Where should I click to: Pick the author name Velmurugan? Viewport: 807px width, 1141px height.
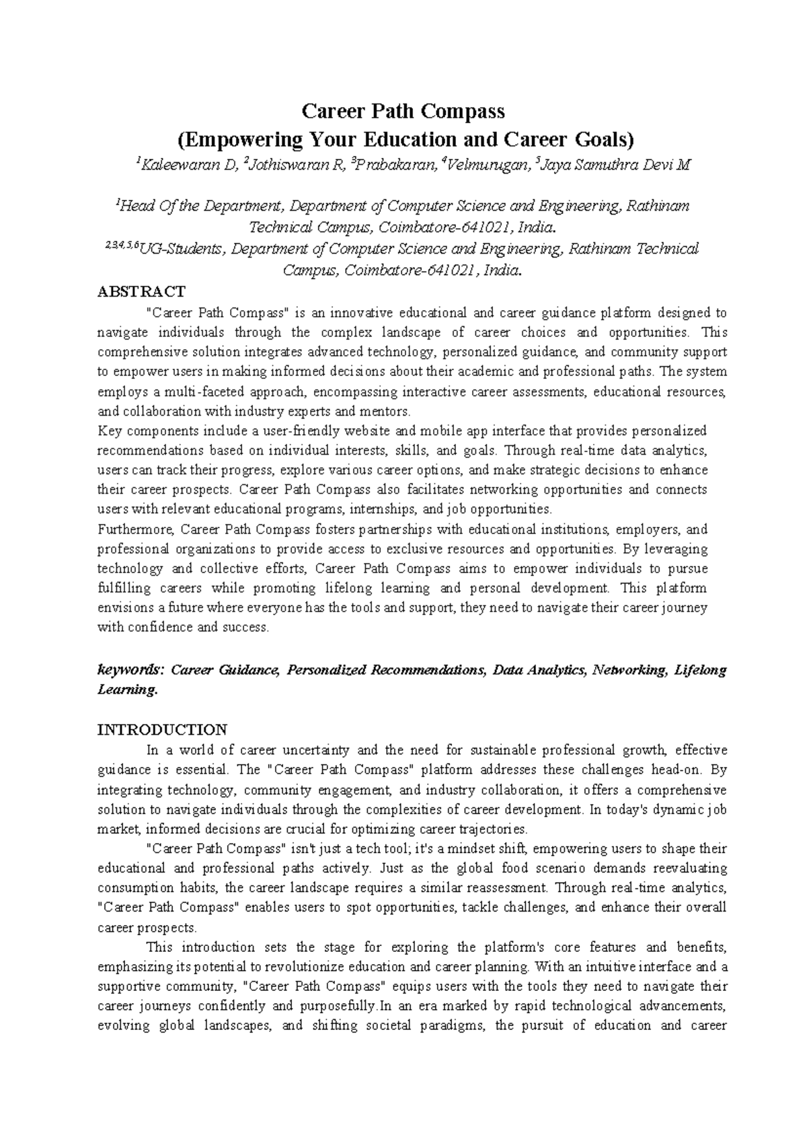pos(486,165)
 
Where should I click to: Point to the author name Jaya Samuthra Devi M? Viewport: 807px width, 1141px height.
pos(615,165)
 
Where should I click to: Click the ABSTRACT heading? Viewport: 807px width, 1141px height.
pos(141,291)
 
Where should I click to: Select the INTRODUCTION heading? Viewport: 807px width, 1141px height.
pos(162,729)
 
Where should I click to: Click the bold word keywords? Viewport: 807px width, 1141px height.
pos(130,670)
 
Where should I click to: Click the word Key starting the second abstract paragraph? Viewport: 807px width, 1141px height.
pos(108,431)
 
